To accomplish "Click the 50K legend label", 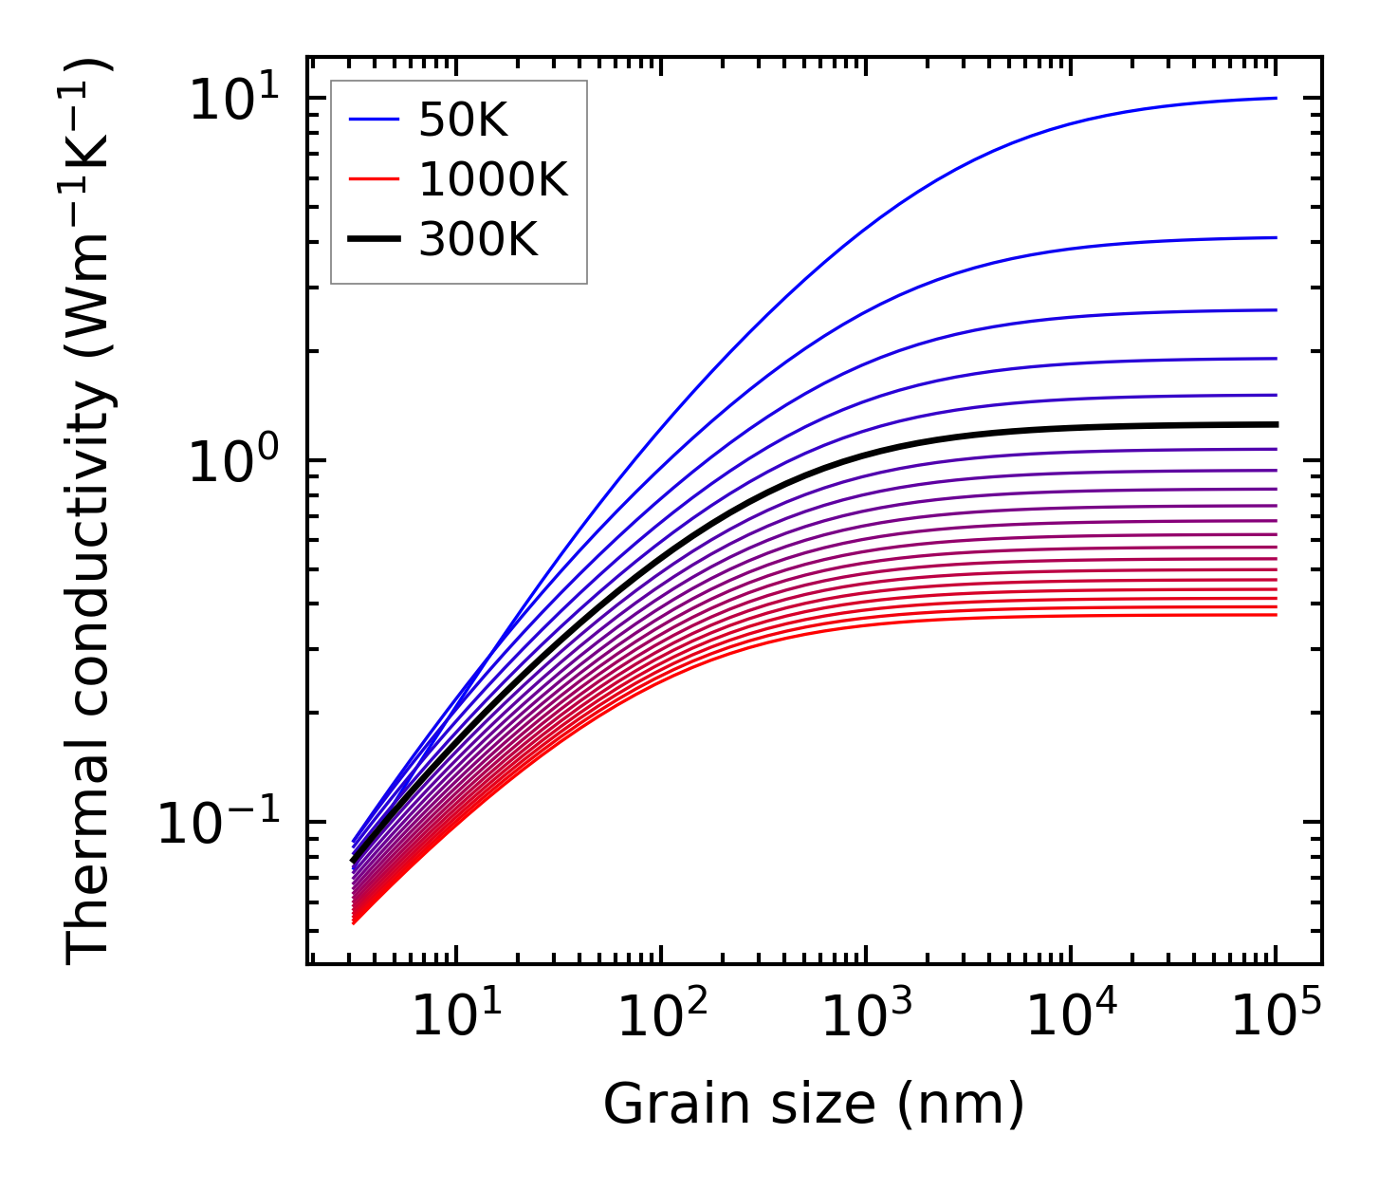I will pos(464,121).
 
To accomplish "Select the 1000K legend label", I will pos(493,180).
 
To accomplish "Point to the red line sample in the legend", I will pos(374,180).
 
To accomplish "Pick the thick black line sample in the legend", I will pos(374,240).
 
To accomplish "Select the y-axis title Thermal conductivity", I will pos(90,512).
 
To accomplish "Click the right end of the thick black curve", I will pos(1276,424).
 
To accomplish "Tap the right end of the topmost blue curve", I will pos(1276,98).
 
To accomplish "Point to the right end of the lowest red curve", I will pos(1276,615).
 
